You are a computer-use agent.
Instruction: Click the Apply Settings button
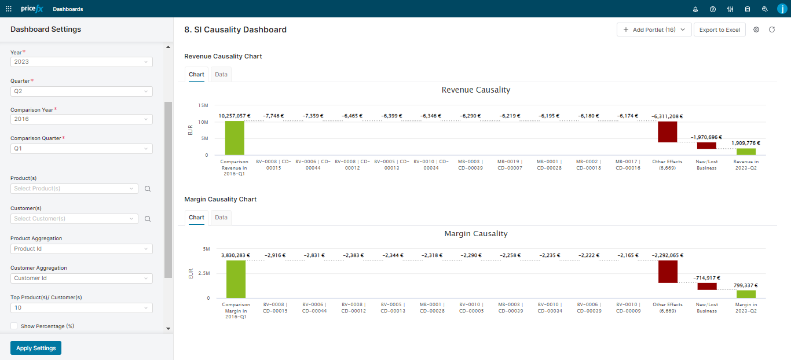(36, 348)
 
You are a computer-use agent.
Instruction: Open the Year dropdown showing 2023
(81, 62)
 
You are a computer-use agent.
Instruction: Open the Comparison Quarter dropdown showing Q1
(81, 149)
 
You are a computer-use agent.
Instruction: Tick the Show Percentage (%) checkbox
(14, 326)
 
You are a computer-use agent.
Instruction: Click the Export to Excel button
(719, 30)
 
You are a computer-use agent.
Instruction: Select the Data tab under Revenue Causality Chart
(221, 75)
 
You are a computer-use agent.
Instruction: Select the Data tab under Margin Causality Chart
(221, 218)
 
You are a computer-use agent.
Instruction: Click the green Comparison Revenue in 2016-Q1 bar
(235, 138)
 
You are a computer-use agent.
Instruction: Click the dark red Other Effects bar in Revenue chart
(667, 132)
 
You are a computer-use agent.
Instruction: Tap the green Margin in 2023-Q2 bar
(746, 294)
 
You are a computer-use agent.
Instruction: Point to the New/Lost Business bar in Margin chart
(706, 286)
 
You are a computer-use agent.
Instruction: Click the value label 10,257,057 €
(235, 116)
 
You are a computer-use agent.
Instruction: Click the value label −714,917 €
(706, 278)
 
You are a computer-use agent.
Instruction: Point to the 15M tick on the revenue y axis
(203, 105)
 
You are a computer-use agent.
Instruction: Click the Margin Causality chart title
(475, 234)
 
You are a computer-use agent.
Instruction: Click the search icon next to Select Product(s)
(148, 189)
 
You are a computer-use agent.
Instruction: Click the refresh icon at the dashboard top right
(772, 30)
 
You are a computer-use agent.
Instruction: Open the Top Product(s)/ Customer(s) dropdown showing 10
(81, 308)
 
